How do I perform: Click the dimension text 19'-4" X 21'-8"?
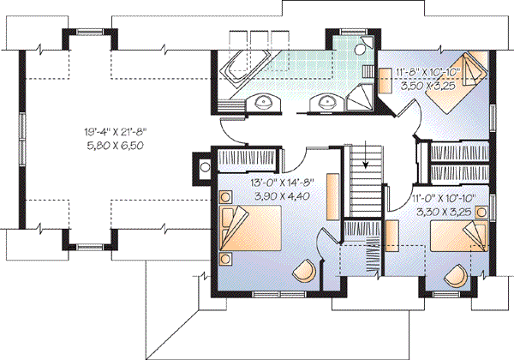click(x=117, y=132)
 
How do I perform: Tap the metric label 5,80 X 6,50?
click(x=117, y=146)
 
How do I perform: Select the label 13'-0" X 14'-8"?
click(x=276, y=183)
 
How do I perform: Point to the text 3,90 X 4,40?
click(x=276, y=196)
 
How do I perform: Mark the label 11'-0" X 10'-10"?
click(x=443, y=195)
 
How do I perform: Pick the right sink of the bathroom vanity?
click(x=326, y=104)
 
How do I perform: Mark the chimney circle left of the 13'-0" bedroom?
click(x=205, y=167)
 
